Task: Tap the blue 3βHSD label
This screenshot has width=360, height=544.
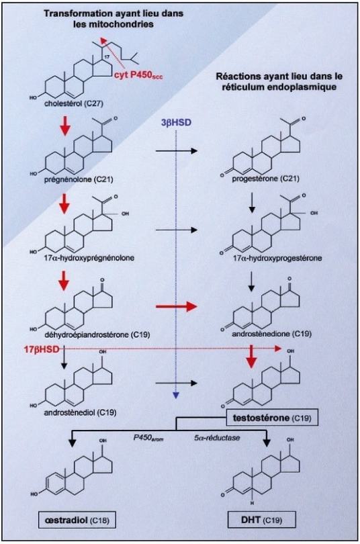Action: coord(177,123)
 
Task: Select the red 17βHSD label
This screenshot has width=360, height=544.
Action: coord(41,349)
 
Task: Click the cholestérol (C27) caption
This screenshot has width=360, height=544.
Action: coord(73,103)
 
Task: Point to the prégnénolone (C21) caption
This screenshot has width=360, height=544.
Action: coord(79,179)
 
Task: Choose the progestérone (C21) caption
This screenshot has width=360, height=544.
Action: coord(266,179)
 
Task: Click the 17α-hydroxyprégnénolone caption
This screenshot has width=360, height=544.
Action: coord(87,258)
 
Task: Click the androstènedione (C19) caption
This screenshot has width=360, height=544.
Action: coord(271,333)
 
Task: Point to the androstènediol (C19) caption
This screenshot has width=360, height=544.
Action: coord(80,412)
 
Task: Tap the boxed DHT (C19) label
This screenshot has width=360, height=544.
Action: coord(262,520)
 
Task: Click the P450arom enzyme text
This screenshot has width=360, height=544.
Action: coord(148,438)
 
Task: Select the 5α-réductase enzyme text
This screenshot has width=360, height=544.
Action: coord(218,437)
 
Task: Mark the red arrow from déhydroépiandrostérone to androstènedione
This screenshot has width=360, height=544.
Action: coord(176,307)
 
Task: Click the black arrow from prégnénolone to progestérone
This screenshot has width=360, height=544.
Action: coord(176,151)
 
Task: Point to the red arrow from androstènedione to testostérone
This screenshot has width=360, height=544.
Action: coord(252,357)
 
